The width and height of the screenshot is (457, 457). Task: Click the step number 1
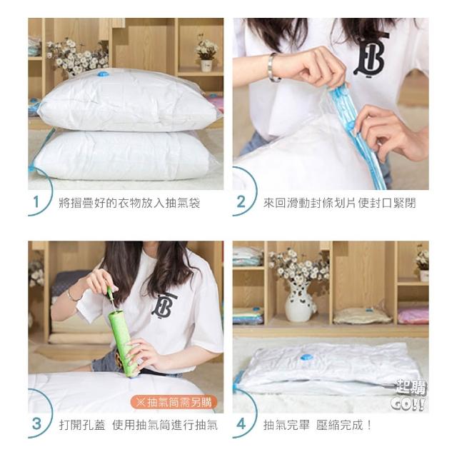36,202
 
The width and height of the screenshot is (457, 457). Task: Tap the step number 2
241,202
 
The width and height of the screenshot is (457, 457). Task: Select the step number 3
36,423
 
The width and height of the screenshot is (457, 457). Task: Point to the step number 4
241,424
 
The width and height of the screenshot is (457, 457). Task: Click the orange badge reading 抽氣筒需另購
174,402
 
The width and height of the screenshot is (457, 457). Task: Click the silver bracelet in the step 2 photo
272,67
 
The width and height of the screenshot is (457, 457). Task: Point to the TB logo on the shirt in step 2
370,57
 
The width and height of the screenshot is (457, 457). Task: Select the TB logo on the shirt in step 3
164,305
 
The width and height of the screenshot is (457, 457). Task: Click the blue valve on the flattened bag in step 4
306,356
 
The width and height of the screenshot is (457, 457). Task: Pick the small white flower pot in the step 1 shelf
206,66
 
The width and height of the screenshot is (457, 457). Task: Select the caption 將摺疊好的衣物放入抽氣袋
129,203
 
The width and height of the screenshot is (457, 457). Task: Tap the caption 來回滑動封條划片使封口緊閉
340,203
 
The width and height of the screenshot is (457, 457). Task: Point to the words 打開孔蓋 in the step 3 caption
82,425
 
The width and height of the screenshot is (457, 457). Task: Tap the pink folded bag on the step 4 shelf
413,316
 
